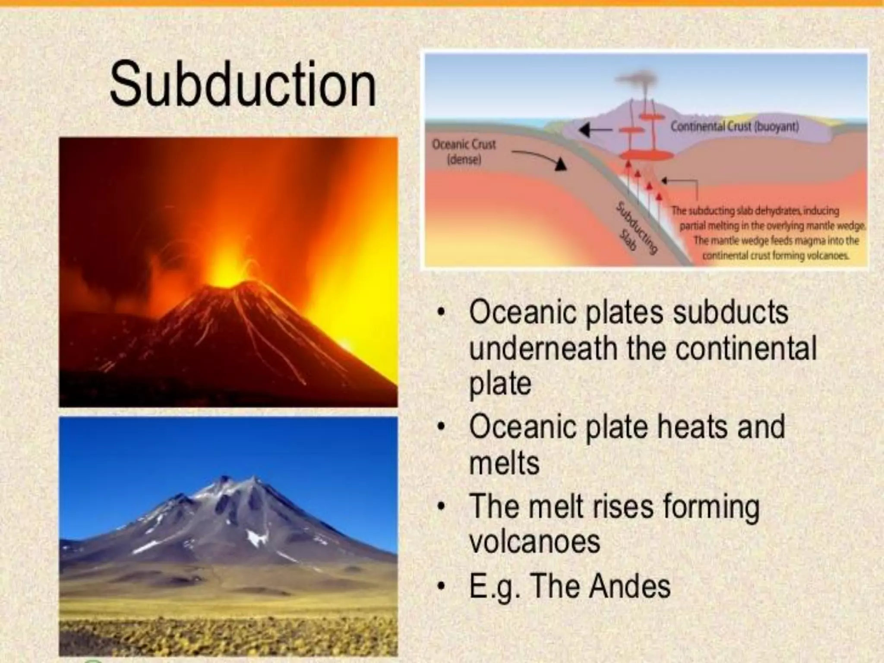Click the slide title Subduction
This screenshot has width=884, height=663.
(x=243, y=84)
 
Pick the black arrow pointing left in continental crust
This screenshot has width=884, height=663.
(x=596, y=129)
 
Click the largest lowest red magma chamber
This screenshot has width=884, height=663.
(x=643, y=154)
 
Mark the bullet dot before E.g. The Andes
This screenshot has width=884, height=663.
(x=440, y=587)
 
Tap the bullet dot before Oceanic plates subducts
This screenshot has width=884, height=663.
(x=440, y=313)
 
